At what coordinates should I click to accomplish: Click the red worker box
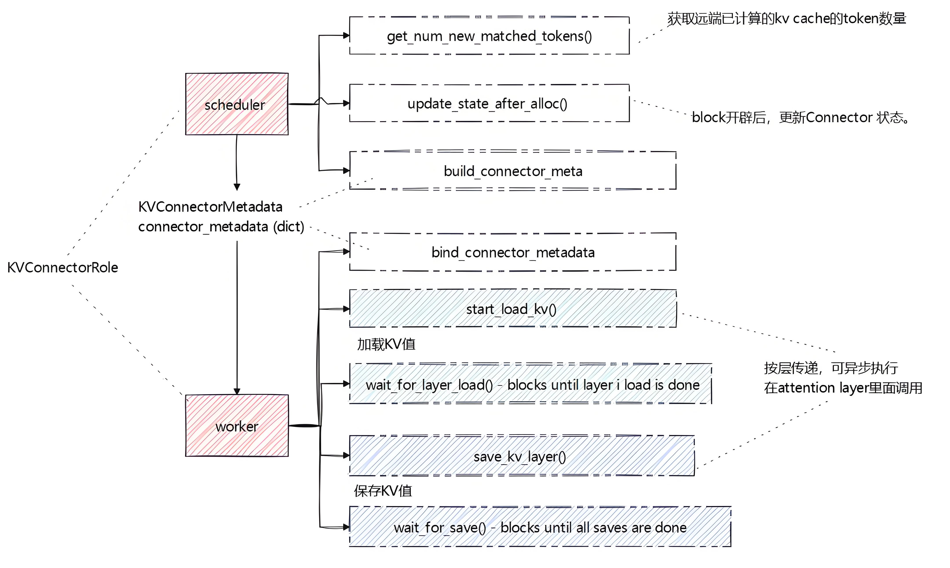[237, 426]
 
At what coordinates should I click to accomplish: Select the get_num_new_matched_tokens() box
[489, 36]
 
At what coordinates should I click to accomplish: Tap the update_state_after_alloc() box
[489, 103]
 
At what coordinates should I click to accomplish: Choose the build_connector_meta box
[513, 170]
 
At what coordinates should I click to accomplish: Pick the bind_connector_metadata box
[513, 252]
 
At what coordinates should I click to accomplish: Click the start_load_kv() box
[513, 308]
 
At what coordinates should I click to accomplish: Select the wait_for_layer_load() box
[530, 384]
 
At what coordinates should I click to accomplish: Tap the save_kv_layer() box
[522, 455]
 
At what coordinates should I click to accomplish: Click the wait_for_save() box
[540, 527]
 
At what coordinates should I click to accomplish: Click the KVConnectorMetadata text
[210, 207]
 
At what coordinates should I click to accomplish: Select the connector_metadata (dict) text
[221, 227]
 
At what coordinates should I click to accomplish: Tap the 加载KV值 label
[386, 344]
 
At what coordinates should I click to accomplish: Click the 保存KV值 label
[383, 491]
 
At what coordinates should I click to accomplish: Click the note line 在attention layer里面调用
[843, 388]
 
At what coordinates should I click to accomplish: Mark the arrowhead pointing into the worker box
[237, 391]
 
